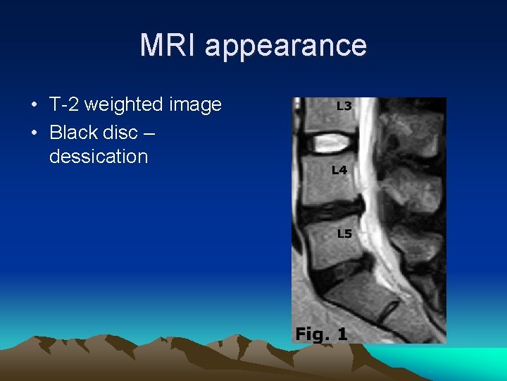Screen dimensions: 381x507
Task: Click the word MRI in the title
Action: tap(168, 45)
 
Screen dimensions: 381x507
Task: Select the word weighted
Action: tap(128, 105)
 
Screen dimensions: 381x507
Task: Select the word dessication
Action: tap(98, 156)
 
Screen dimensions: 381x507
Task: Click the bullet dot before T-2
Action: tap(35, 106)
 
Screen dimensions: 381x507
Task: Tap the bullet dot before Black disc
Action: tap(35, 131)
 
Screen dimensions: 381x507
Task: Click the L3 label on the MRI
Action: tap(344, 107)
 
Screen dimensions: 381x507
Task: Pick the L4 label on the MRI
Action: tap(339, 170)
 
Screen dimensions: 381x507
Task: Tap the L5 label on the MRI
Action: tap(344, 234)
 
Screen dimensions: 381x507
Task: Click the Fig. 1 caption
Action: tap(321, 333)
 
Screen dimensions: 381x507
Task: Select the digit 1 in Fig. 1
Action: tap(342, 333)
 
